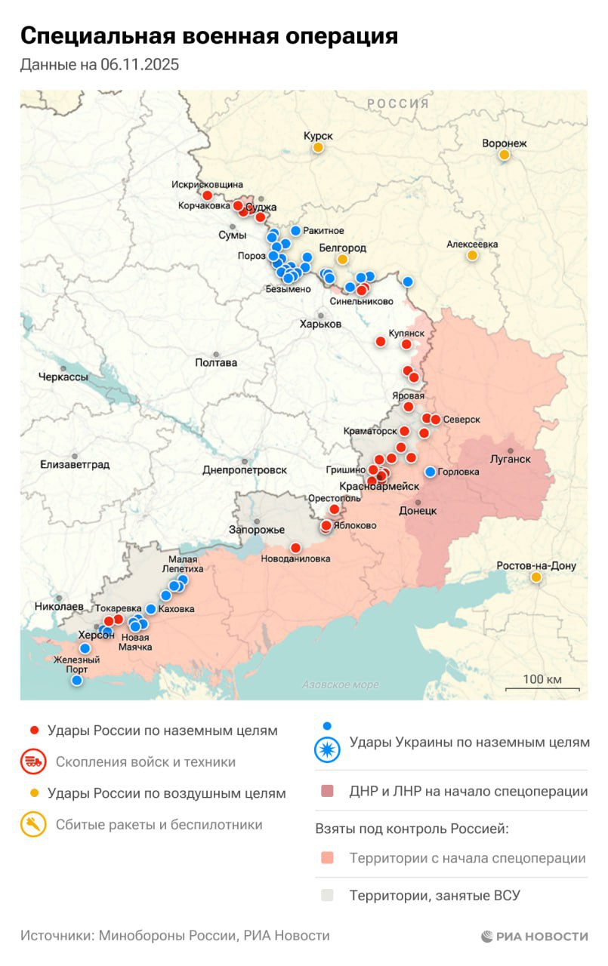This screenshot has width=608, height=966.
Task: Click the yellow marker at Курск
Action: (319, 148)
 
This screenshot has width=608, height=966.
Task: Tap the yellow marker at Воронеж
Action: (504, 155)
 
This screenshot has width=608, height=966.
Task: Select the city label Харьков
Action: (320, 324)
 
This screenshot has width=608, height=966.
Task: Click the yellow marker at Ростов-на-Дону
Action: (536, 577)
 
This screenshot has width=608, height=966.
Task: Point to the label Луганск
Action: (511, 459)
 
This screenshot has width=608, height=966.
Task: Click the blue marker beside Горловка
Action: (431, 472)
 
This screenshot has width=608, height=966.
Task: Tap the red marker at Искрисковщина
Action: (208, 195)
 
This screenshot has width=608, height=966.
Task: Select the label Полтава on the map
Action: (216, 362)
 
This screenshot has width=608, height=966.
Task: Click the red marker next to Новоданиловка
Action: (295, 548)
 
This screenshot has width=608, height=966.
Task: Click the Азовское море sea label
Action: (340, 685)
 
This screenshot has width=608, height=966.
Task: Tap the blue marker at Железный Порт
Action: (76, 680)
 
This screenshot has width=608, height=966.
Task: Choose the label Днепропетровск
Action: (245, 470)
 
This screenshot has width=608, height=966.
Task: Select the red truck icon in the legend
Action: (33, 762)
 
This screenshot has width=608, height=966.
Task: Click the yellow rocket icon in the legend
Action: (33, 825)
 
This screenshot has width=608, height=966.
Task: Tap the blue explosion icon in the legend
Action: (327, 743)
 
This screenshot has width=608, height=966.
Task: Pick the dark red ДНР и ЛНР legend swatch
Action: (326, 792)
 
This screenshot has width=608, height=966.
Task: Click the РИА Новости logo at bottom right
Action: (534, 937)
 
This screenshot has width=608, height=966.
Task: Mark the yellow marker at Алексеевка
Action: (472, 256)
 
